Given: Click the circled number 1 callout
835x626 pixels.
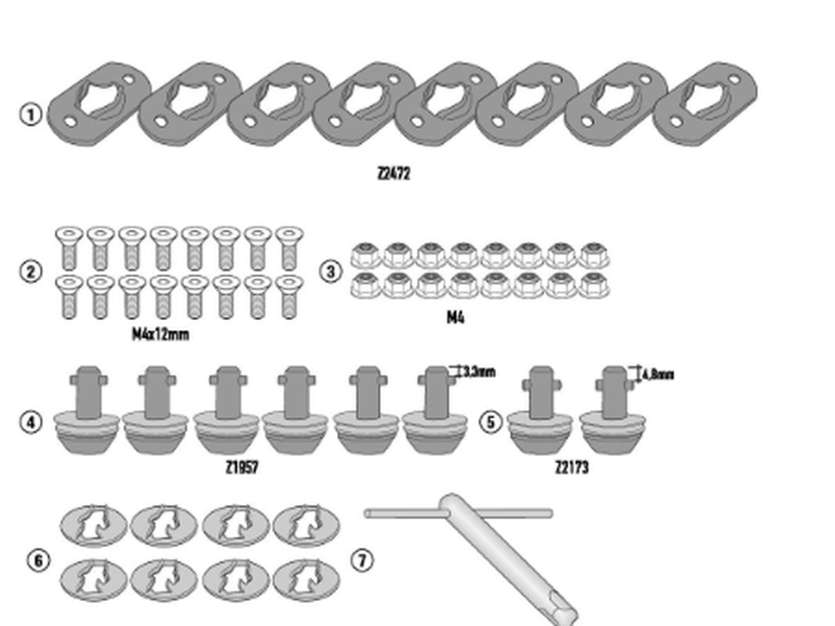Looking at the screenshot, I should click(30, 115).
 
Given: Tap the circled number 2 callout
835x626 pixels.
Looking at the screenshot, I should click(30, 272).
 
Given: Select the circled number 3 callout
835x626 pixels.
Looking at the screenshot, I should click(331, 272).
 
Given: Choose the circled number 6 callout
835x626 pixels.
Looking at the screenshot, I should click(38, 560).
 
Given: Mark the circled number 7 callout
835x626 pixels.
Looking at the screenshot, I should click(362, 560).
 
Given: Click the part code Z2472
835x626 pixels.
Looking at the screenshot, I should click(392, 173).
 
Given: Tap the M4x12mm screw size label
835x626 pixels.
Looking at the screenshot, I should click(160, 334).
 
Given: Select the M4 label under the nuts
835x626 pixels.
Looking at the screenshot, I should click(455, 317).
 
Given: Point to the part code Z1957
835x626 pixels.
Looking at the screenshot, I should click(242, 467).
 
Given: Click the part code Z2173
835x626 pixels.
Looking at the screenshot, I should click(572, 467).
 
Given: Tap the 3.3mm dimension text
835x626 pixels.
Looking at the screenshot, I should click(478, 372).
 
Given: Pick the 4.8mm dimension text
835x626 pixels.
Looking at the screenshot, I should click(657, 375).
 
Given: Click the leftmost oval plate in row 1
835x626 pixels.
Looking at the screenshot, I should click(98, 104).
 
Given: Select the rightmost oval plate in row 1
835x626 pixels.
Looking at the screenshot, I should click(705, 104).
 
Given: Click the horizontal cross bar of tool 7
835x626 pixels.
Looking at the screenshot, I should click(407, 513).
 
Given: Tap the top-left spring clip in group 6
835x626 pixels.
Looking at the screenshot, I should click(93, 525).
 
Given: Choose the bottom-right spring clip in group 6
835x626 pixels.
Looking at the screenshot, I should click(306, 580).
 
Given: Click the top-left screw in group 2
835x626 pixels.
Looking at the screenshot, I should click(70, 248).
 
